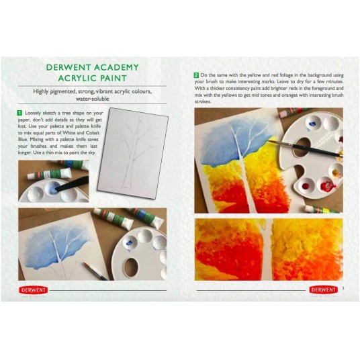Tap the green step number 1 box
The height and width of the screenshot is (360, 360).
tap(19, 113)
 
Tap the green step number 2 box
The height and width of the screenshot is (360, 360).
tap(196, 75)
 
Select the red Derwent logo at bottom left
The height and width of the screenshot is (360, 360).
tap(34, 290)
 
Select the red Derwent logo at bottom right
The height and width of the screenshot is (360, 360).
tap(324, 289)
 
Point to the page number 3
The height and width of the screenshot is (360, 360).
tap(343, 288)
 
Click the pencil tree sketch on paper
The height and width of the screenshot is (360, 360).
tap(133, 152)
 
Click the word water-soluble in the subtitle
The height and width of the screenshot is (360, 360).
tap(92, 99)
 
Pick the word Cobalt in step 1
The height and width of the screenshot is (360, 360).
tap(93, 133)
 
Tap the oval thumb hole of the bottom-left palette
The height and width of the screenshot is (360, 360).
tap(130, 267)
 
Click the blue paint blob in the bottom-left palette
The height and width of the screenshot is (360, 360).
tap(129, 242)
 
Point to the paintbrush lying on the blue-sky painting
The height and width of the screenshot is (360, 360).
tap(95, 271)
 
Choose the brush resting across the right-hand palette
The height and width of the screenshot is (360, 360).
tap(305, 148)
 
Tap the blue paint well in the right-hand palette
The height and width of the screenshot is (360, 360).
tap(312, 124)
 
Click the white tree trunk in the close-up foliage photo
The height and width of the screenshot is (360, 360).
tap(268, 249)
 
